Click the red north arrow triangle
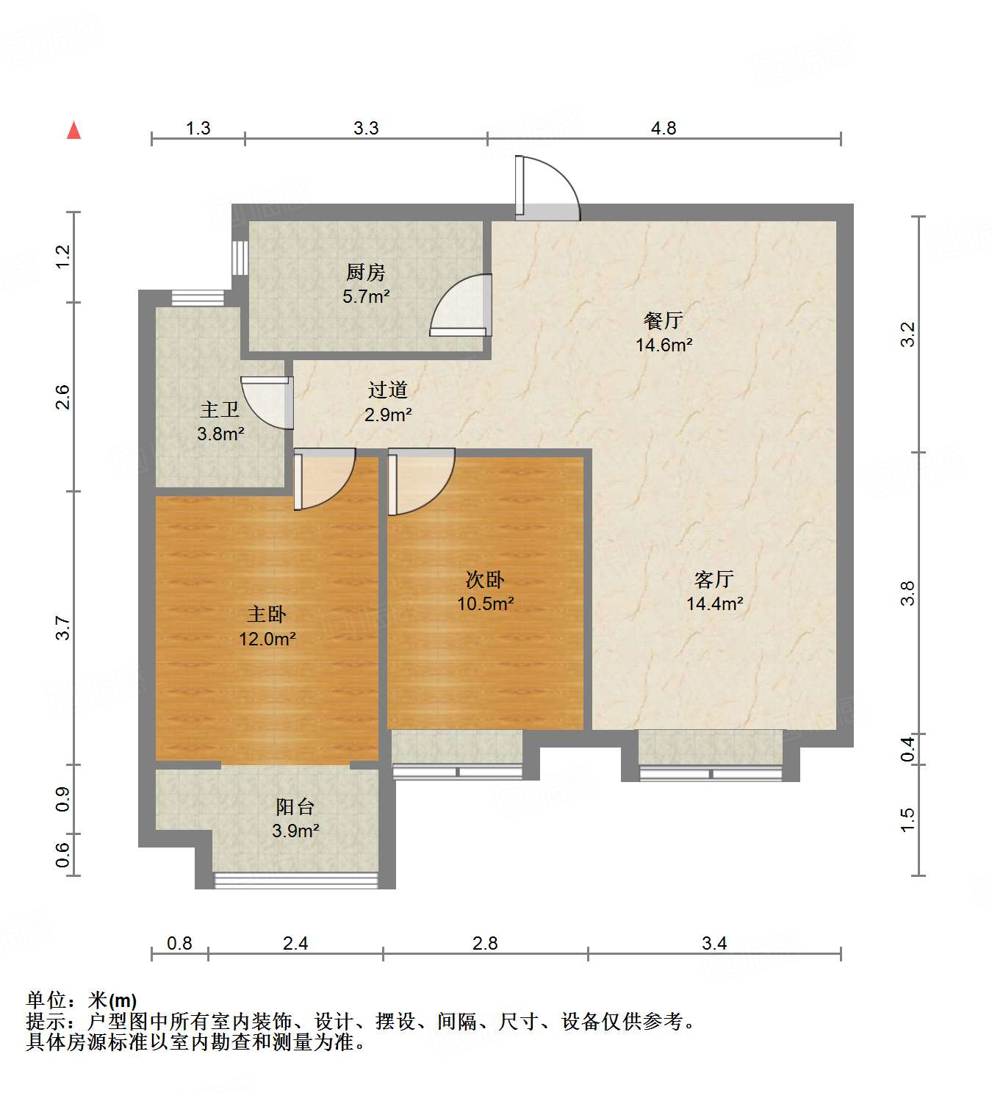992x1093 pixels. pos(73,130)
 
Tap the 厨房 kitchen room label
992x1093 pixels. pos(365,273)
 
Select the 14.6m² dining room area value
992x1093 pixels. pos(664,345)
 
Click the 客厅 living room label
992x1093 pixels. pos(714,579)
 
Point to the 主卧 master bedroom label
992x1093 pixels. pos(266,614)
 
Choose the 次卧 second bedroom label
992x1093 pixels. pos(485,579)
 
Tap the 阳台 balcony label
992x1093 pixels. pos(295,806)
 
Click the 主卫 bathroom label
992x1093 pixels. pos(220,409)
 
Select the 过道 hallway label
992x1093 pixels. pos(387,390)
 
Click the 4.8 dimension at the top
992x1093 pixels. pos(663,128)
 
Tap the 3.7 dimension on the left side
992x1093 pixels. pos(63,628)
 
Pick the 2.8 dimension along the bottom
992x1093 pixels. pos(485,943)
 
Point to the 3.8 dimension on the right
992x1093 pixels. pos(908,592)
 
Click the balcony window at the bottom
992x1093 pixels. pos(295,880)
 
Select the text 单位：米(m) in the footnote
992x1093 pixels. pos(82,1000)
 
